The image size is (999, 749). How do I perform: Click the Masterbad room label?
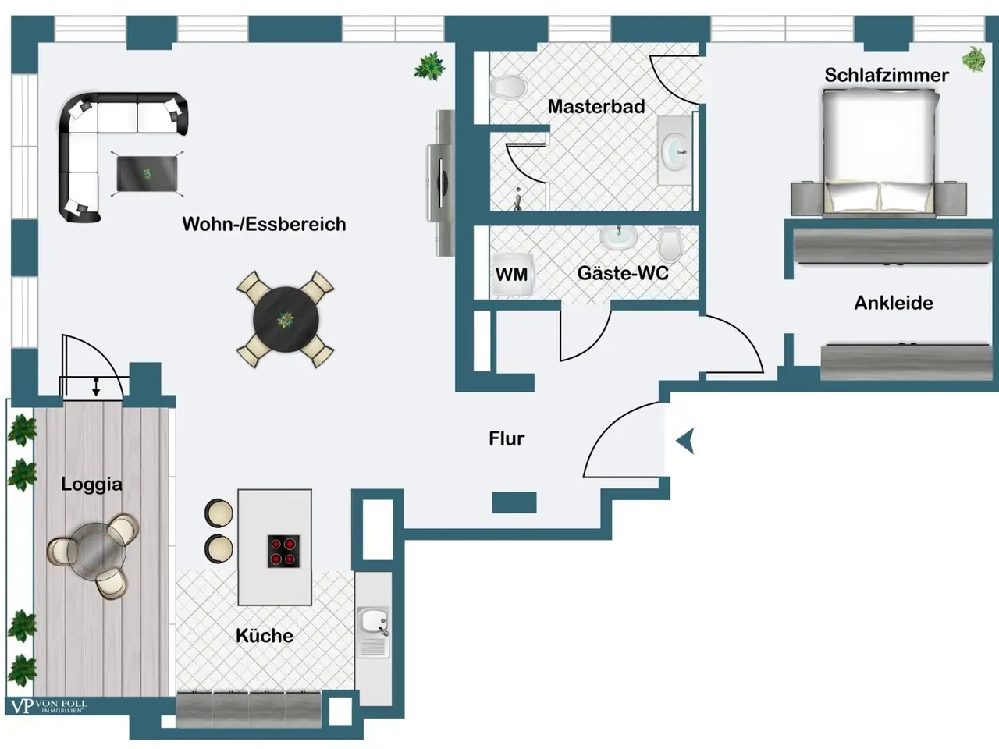(596, 106)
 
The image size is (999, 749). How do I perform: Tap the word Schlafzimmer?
(887, 75)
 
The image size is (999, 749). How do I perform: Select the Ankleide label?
(894, 303)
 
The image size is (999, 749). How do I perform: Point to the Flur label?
(507, 438)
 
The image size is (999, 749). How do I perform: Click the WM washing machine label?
(511, 274)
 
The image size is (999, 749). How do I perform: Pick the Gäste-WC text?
(623, 273)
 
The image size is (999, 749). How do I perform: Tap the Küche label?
(265, 635)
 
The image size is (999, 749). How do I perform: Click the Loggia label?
(91, 485)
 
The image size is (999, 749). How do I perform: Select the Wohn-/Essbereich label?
(264, 224)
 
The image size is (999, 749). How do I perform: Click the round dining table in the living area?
(286, 320)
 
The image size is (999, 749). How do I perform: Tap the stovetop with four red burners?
(283, 551)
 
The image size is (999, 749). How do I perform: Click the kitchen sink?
(373, 633)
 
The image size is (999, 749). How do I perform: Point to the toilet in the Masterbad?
(508, 87)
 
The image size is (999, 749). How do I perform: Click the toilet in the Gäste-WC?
(670, 244)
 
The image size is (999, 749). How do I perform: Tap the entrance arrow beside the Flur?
(685, 441)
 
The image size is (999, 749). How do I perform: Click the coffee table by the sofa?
(147, 174)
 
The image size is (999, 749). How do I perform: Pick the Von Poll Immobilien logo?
(48, 706)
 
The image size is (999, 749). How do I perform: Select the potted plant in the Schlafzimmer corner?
(974, 59)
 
